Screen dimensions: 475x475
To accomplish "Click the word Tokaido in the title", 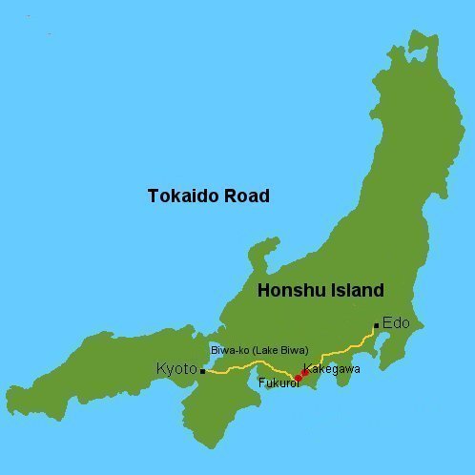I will point(180,196).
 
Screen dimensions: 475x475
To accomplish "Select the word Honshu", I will point(288,291).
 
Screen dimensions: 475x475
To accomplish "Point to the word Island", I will point(352,291).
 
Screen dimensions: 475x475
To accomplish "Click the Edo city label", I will point(396,323).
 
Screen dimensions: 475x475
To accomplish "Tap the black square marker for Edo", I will point(377,326).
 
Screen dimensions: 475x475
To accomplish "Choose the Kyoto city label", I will point(176,369).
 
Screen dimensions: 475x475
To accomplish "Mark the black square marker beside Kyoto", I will point(202,371).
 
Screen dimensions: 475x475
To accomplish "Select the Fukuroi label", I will point(279,382).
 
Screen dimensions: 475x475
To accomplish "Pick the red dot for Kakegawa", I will point(304,372).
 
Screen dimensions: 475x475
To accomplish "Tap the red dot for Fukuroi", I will point(297,379).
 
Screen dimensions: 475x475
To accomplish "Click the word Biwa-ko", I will point(231,350).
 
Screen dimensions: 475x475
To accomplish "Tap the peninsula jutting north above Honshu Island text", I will point(259,256).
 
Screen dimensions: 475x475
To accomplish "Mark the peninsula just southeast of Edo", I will point(391,366).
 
